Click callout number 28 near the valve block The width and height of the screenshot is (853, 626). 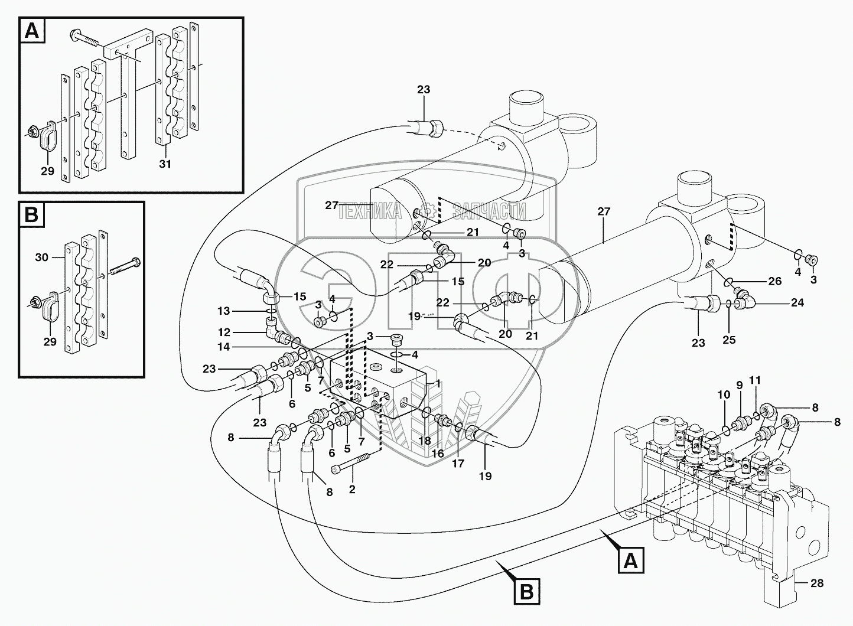click(817, 583)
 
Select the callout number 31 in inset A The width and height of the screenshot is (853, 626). click(165, 164)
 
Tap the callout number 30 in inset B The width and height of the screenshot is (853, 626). click(42, 257)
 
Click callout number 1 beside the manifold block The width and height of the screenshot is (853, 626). click(438, 383)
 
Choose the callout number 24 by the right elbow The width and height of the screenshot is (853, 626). click(797, 302)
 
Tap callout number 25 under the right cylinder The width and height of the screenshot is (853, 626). click(728, 340)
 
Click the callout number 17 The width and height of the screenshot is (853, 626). click(458, 464)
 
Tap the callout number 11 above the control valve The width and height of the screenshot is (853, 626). click(756, 380)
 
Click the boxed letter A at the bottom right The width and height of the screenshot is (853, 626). click(631, 560)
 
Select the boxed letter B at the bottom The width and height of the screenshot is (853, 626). click(529, 591)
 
